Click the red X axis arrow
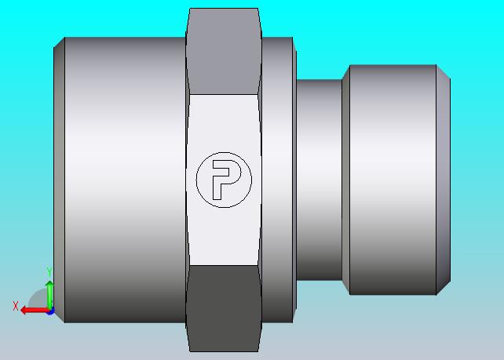coord(35,311)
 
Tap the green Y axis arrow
coord(49,295)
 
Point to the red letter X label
coord(16,306)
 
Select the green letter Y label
coord(49,272)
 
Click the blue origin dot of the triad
coord(50,311)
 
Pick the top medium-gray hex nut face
coord(224,52)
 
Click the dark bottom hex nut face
coord(224,308)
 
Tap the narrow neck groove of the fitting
coord(319,180)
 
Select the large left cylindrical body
coord(125,180)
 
